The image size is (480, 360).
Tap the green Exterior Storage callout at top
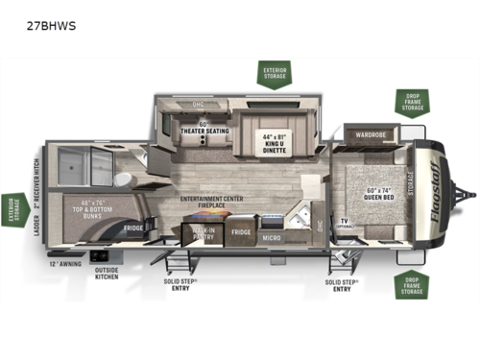click(x=272, y=73)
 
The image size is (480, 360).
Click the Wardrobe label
click(x=371, y=134)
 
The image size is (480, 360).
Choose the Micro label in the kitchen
click(x=273, y=237)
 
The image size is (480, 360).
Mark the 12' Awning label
click(x=62, y=262)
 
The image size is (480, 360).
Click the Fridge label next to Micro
click(x=240, y=232)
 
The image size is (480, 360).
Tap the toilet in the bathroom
click(x=122, y=180)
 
